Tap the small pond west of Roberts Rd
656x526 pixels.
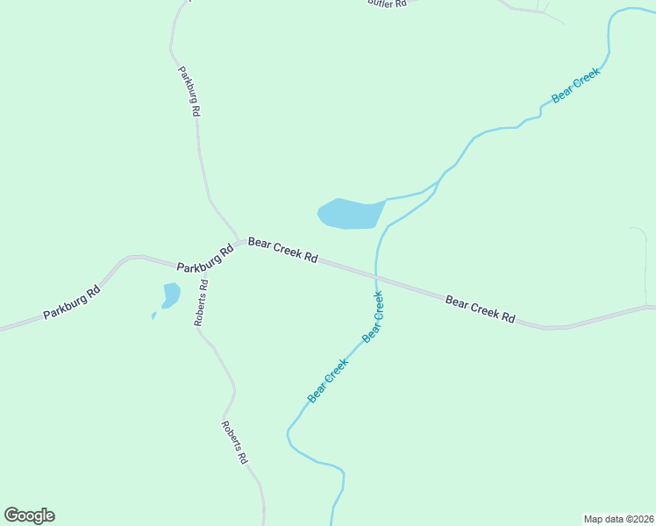coord(170,295)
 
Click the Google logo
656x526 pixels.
coord(29,515)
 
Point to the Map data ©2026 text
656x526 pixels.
coord(618,518)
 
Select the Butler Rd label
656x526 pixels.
coord(387,4)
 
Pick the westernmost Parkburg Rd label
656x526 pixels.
coord(72,302)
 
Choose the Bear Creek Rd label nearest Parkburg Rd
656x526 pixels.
coord(282,250)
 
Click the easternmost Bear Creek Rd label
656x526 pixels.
coord(480,309)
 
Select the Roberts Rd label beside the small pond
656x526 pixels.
coord(202,302)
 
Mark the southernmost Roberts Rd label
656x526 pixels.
coord(235,443)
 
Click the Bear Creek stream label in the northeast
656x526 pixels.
coord(575,86)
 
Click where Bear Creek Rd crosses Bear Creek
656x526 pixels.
coord(377,279)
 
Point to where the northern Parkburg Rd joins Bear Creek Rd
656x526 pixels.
coord(239,242)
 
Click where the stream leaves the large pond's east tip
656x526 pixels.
coord(386,200)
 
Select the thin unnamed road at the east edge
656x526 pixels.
coord(645,263)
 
